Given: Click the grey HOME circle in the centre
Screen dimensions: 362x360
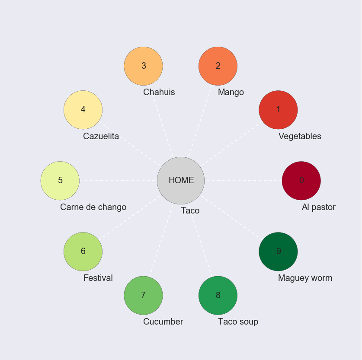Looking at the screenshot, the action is click(x=181, y=180).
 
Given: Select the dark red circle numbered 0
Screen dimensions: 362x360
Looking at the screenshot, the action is click(x=301, y=181).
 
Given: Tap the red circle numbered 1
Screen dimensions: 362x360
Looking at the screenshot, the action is click(x=278, y=110).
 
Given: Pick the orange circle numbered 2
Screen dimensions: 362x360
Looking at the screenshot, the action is click(x=218, y=66).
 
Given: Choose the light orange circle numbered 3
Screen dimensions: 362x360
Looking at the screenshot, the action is click(x=143, y=66).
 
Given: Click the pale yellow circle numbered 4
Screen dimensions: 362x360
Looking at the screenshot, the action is click(x=83, y=110).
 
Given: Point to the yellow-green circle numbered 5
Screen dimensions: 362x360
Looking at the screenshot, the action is click(x=60, y=181).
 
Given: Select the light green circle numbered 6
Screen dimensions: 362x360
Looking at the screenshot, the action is click(x=83, y=251).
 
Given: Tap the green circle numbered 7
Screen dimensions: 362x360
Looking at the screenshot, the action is click(x=143, y=295).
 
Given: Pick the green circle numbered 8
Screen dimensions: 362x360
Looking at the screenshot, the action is click(x=218, y=295).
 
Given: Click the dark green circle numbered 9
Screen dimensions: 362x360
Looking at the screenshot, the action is click(x=278, y=251).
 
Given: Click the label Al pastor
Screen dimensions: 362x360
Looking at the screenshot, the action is click(x=318, y=207).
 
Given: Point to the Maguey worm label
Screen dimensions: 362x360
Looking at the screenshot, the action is click(x=305, y=278).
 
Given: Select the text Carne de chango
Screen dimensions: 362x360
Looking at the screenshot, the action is click(x=93, y=207).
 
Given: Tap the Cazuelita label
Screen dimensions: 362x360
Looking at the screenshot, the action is click(x=101, y=136).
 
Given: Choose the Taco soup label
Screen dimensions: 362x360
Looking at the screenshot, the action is click(x=238, y=322).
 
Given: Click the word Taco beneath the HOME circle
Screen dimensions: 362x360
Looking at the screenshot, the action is click(x=190, y=210).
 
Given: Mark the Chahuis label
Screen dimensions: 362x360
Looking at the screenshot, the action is click(x=159, y=92).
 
